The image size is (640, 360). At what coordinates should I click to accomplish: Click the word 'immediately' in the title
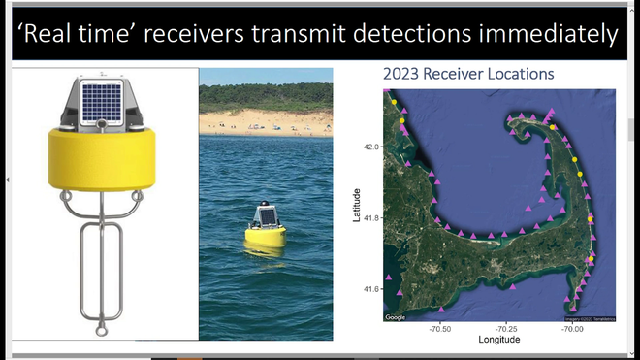[546, 35]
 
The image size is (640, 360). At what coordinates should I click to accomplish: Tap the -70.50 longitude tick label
[440, 329]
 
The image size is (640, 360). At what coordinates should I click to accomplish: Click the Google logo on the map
[396, 317]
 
